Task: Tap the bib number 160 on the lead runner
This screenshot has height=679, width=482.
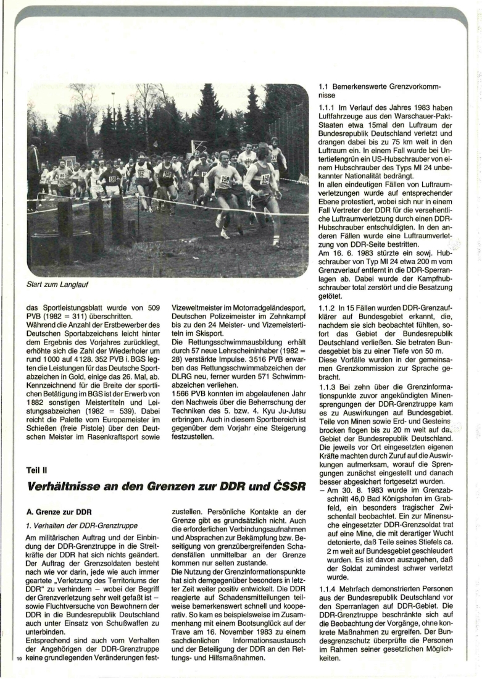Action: tap(265, 179)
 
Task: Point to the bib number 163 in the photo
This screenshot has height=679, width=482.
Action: tap(167, 175)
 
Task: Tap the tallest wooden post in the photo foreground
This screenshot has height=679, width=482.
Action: tap(117, 219)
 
